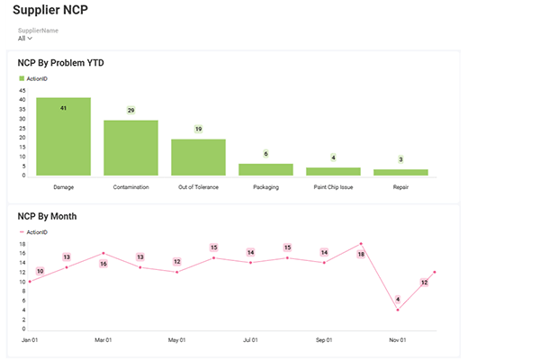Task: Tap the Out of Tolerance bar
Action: pos(198,157)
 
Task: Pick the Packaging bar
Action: pos(265,169)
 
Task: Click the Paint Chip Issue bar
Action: pos(333,171)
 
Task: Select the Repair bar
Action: pos(400,172)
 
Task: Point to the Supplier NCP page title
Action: pos(49,13)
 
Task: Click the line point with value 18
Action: pos(361,244)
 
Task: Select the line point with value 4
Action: pos(398,310)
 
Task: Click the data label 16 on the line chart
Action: pos(103,264)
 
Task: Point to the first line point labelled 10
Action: pos(30,281)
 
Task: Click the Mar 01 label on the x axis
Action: pos(103,340)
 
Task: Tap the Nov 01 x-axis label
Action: pos(398,340)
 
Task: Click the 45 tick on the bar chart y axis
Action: pos(22,91)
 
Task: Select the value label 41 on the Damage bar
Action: pos(63,108)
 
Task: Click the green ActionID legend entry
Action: pos(36,79)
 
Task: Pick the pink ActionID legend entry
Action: pos(36,232)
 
